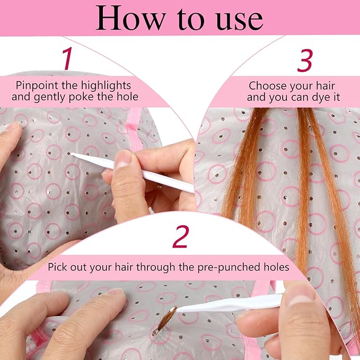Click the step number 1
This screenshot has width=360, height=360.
67,59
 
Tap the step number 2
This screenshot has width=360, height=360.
180,237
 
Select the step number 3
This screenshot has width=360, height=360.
304,62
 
